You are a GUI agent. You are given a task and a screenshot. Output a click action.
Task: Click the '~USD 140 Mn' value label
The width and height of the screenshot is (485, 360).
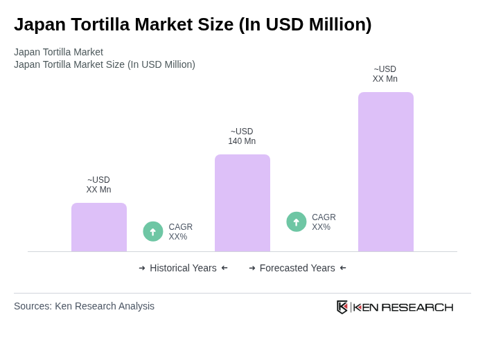(242, 136)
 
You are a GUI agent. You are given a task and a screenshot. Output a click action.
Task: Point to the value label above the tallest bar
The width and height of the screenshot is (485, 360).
(385, 74)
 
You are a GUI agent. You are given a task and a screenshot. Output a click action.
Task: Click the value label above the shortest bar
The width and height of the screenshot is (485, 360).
(98, 185)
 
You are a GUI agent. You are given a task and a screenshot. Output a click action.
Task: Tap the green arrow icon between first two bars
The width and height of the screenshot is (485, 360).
(153, 231)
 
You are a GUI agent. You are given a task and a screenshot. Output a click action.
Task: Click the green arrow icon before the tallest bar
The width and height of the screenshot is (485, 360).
(297, 222)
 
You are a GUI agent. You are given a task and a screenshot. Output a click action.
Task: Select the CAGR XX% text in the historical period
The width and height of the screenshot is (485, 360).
(181, 232)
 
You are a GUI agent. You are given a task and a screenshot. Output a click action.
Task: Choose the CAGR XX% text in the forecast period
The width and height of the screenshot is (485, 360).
(324, 222)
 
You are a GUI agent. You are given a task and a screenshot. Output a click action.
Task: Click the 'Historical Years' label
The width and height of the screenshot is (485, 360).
(183, 268)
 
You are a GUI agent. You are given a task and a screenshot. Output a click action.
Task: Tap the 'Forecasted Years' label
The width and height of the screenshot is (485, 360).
(297, 268)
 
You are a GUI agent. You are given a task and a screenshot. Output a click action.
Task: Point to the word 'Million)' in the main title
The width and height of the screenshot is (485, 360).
(339, 24)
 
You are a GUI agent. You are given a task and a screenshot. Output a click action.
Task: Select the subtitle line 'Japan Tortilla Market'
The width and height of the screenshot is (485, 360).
(58, 52)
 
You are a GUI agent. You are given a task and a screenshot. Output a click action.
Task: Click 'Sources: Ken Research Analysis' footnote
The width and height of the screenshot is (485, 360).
(84, 306)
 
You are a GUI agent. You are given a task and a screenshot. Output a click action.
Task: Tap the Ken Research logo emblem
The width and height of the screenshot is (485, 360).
(342, 307)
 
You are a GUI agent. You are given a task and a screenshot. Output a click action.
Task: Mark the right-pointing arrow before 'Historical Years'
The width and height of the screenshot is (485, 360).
(142, 268)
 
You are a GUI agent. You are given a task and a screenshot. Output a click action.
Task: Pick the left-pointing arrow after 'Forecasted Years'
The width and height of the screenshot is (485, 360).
(343, 268)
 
